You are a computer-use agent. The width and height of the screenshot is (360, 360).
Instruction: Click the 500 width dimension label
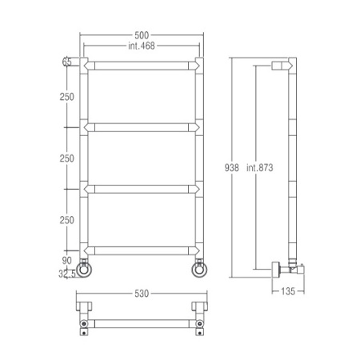[142, 35]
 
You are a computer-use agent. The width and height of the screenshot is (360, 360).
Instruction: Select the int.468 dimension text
[142, 46]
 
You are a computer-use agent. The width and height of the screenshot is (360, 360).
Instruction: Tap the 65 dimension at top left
[66, 62]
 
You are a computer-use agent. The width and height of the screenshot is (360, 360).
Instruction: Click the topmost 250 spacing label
[66, 97]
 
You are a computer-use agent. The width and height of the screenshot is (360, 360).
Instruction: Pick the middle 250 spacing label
[66, 158]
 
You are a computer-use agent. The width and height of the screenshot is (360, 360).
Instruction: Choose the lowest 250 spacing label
[66, 220]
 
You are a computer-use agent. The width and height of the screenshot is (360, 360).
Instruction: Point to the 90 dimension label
[66, 261]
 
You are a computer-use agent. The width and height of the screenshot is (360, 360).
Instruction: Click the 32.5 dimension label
[67, 274]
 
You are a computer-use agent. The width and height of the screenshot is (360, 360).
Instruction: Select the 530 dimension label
[142, 294]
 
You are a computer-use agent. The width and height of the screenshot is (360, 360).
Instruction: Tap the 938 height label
[231, 168]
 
